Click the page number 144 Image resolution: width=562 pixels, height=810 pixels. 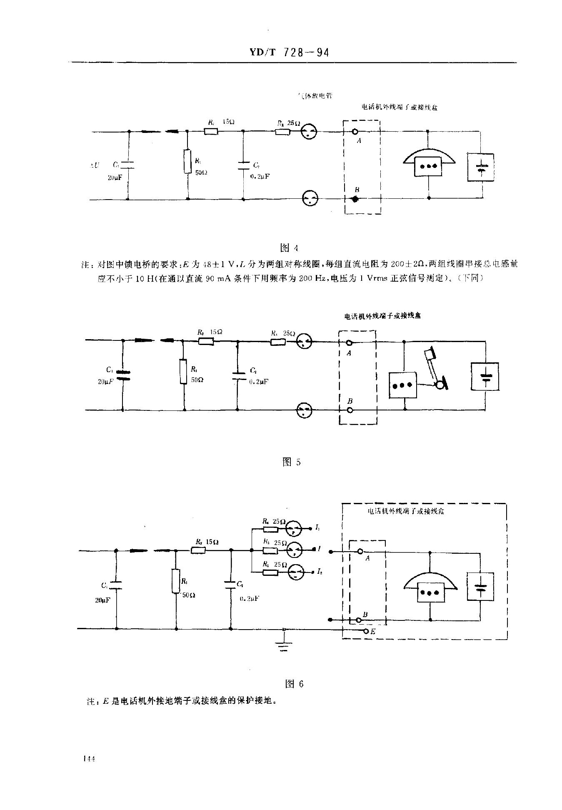tap(90, 759)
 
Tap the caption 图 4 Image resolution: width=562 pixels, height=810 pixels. tap(290, 248)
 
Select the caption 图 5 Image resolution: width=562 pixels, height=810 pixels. tap(291, 462)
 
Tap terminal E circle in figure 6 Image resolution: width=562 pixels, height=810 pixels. tap(366, 632)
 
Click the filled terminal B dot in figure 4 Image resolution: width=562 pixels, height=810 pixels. tap(355, 200)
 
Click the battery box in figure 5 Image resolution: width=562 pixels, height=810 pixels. tap(485, 376)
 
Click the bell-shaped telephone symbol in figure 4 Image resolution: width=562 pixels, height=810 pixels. tap(429, 162)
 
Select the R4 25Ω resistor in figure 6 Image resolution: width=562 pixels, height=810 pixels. tap(270, 529)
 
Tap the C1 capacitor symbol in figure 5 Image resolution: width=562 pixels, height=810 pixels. tap(122, 375)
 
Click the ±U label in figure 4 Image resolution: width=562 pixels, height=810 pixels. tap(95, 165)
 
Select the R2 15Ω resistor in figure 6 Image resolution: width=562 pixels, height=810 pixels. tap(198, 550)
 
